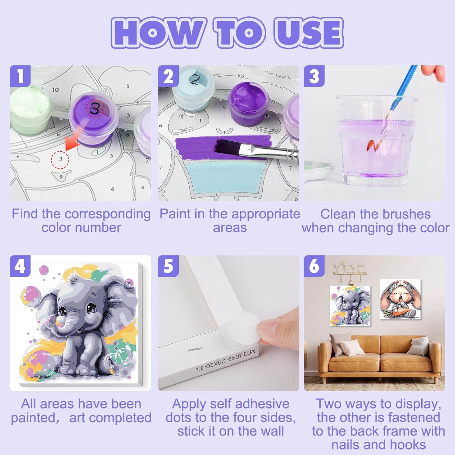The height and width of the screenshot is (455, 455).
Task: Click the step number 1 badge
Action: pos(20,76)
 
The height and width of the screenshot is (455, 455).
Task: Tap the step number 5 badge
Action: pos(168,266)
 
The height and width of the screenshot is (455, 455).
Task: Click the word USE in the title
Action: pos(308,33)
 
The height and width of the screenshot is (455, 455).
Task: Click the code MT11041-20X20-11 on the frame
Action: pos(226,361)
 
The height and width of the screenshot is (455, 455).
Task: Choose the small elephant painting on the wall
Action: pos(350,306)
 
